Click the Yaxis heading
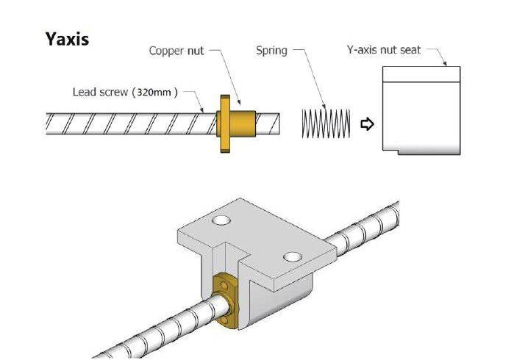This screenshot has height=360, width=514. [67, 38]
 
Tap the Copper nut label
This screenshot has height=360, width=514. [176, 51]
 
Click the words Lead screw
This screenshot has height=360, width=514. [100, 93]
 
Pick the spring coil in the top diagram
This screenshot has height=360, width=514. [325, 123]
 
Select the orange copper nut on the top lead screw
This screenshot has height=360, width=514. [239, 121]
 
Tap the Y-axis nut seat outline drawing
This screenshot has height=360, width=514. [421, 118]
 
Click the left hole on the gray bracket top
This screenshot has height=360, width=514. [220, 220]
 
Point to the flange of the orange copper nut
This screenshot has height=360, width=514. [224, 122]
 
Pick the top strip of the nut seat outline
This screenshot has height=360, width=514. [421, 73]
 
